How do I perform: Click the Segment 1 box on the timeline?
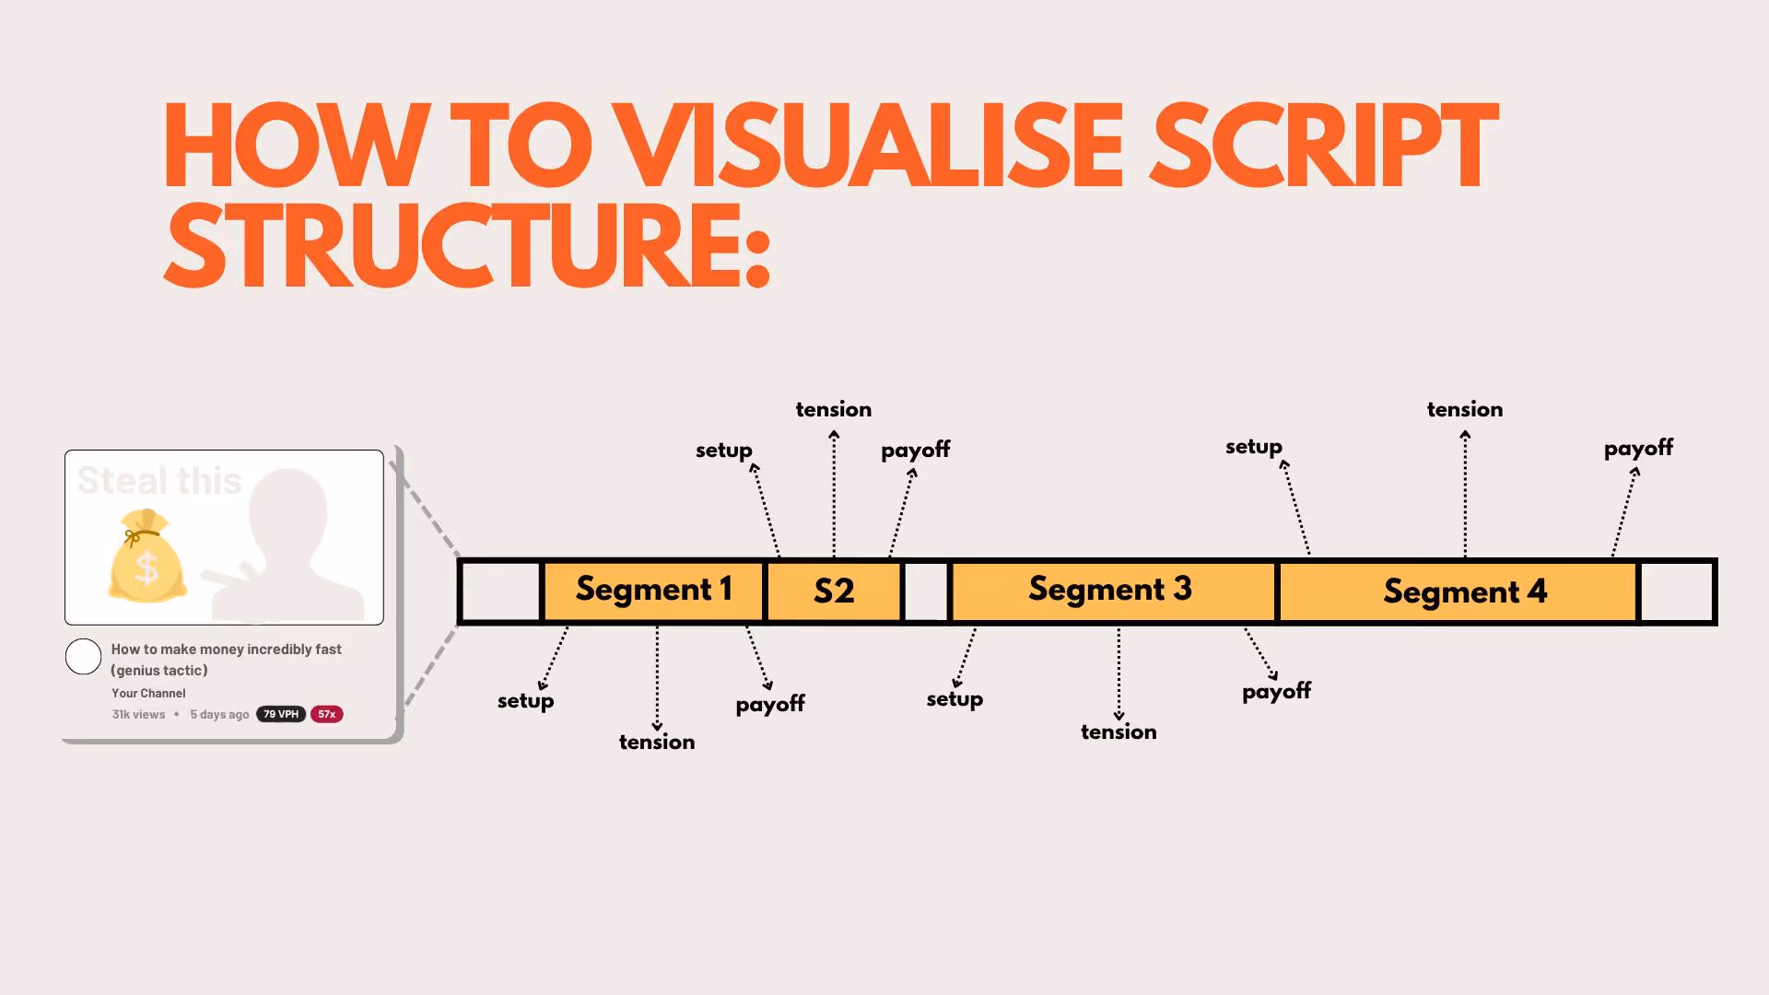pos(653,591)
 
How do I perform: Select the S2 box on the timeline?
pos(833,591)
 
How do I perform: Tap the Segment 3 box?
pos(1112,591)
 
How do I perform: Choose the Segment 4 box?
pos(1458,591)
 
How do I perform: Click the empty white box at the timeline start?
pos(500,591)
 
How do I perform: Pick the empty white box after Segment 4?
pos(1676,591)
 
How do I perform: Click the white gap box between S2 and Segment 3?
pos(926,591)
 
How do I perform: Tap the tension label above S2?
pos(833,409)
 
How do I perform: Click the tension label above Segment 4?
pos(1464,409)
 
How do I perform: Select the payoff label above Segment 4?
pos(1637,449)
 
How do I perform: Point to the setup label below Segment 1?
pos(525,701)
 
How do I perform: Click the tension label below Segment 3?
pos(1118,732)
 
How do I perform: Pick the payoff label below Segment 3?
pos(1276,692)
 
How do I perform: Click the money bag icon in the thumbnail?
pos(147,557)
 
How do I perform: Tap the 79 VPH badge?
pos(281,714)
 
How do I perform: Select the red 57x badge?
pos(326,714)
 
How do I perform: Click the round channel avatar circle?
pos(83,657)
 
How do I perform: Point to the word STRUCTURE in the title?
pos(465,246)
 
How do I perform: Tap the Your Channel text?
pos(148,693)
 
